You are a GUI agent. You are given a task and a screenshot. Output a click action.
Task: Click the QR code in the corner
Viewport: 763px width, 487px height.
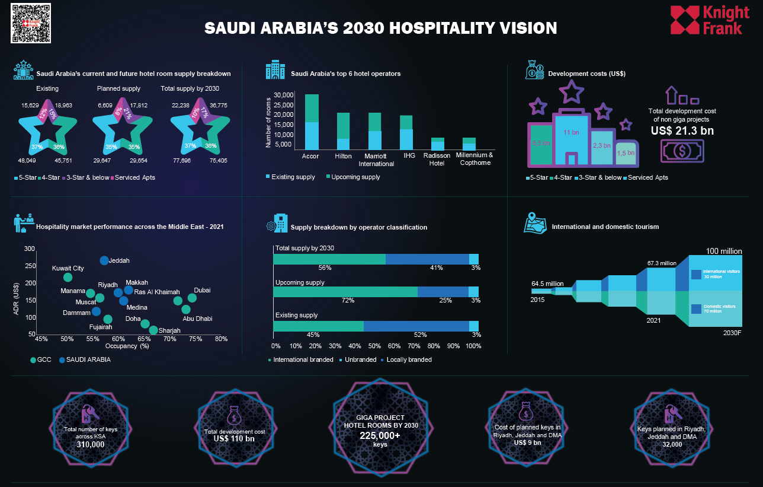point(31,23)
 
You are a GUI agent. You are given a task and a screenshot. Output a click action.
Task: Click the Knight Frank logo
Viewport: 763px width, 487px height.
point(706,20)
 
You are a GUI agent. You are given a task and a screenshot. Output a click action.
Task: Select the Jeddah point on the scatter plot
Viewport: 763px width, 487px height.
point(104,260)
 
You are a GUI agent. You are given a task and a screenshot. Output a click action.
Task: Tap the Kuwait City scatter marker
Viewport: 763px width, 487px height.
point(68,277)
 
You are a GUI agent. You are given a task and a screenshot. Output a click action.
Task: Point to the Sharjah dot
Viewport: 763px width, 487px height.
point(153,330)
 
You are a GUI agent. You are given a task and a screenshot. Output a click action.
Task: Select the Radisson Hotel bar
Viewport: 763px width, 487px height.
point(437,144)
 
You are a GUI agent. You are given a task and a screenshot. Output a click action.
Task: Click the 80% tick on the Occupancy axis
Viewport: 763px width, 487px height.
point(221,339)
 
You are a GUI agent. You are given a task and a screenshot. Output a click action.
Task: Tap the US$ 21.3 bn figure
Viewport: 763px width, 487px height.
point(682,130)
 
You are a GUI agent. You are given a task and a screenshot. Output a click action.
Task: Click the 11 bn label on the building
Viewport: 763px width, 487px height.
point(570,132)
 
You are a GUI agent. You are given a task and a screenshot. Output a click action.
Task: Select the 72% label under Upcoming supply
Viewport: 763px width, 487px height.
point(348,301)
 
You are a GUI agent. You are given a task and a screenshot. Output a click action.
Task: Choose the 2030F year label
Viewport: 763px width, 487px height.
point(732,333)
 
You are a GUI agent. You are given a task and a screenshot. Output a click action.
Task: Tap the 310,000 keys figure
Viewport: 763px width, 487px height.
point(90,444)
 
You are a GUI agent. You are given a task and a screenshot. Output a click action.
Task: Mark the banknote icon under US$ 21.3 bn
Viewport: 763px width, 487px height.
point(682,151)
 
